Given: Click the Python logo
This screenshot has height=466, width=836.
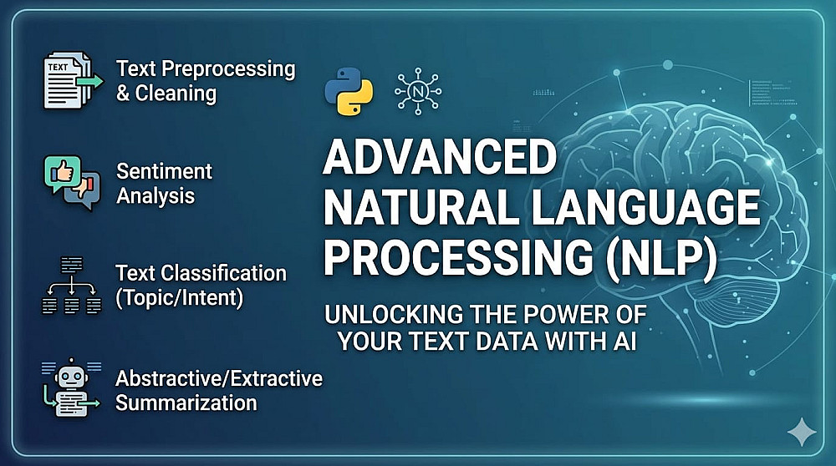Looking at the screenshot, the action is click(349, 92).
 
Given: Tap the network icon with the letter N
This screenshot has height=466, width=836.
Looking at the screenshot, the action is click(418, 92).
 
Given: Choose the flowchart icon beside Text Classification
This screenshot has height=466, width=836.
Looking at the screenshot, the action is click(71, 286).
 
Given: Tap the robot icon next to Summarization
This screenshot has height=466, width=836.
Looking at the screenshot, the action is click(71, 387).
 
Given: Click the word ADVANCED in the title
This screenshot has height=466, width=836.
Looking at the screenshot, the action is click(440, 158).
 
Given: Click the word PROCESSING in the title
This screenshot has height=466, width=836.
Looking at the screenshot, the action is click(458, 258).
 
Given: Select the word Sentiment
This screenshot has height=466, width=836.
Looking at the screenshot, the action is click(164, 171).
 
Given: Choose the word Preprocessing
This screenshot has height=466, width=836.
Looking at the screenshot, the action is click(228, 69).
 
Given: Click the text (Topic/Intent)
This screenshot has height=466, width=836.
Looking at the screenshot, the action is click(180, 297).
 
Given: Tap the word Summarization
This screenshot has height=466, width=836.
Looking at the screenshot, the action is click(186, 402).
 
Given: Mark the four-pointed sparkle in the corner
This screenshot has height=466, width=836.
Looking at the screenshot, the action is click(802, 432).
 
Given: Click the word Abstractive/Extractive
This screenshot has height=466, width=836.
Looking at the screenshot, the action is click(219, 378).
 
